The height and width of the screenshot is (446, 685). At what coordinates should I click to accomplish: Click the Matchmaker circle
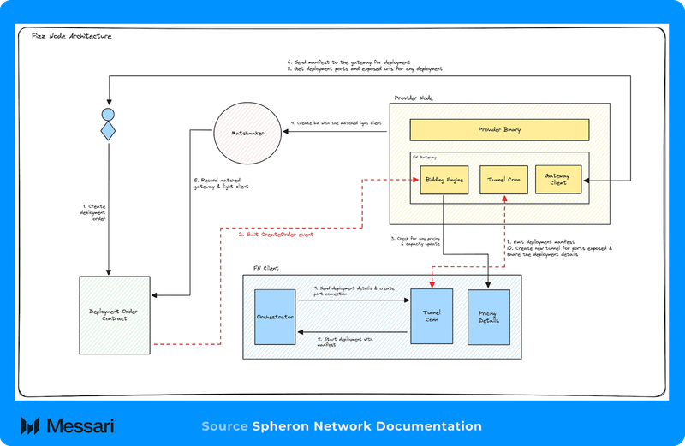pyautogui.click(x=247, y=134)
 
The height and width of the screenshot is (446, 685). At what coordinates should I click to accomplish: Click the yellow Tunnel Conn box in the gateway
pyautogui.click(x=503, y=180)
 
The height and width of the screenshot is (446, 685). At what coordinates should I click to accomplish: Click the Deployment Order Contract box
pyautogui.click(x=114, y=313)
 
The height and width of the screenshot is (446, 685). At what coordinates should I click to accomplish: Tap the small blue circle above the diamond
pyautogui.click(x=109, y=114)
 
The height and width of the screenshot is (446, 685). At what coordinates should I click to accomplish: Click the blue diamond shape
pyautogui.click(x=109, y=131)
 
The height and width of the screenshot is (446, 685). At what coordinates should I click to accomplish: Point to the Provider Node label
pyautogui.click(x=414, y=98)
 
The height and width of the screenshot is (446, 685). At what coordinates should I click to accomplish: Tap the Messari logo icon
pyautogui.click(x=33, y=426)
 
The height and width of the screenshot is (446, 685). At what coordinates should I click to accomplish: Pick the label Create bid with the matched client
pyautogui.click(x=336, y=124)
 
